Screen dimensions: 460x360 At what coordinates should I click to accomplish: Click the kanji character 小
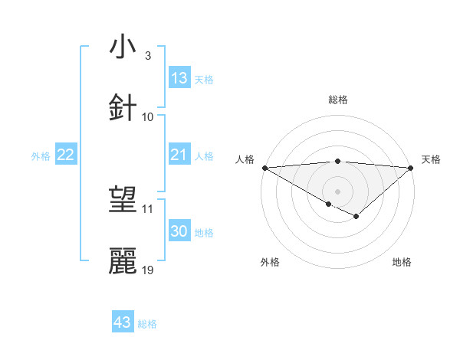123,47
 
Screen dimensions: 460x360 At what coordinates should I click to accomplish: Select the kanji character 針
123,108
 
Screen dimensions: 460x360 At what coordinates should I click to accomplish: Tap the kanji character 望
123,201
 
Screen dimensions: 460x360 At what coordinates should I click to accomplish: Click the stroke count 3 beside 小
148,55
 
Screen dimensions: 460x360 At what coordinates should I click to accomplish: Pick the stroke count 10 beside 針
148,116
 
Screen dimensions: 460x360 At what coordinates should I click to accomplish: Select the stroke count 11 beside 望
148,208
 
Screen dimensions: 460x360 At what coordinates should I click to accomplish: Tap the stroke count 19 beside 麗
148,270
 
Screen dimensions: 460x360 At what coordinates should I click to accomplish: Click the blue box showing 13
179,78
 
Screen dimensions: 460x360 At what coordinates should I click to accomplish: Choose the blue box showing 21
179,155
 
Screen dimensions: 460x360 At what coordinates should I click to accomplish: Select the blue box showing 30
179,231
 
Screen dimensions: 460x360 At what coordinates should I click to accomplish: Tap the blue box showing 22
66,155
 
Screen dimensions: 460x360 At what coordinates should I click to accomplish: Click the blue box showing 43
123,322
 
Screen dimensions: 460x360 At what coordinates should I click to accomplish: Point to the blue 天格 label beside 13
203,79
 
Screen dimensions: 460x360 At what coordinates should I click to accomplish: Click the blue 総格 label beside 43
147,324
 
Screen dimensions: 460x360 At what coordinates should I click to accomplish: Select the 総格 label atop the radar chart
337,100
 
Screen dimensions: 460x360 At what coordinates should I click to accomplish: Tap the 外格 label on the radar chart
270,262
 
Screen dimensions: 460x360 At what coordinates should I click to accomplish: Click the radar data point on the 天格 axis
411,167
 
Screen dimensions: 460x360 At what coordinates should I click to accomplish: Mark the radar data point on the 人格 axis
264,167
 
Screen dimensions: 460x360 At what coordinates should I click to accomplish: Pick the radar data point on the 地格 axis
356,217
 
